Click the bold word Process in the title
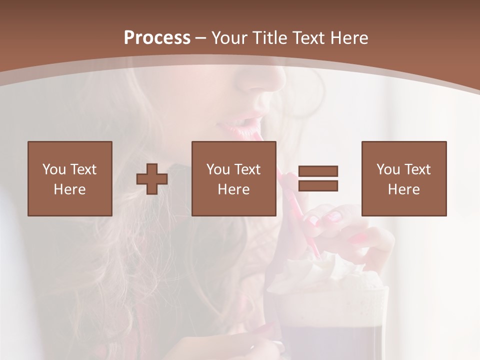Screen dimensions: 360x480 157,38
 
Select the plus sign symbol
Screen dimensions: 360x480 152,179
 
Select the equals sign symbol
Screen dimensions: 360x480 318,178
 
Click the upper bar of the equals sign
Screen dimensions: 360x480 318,171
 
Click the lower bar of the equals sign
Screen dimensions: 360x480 318,185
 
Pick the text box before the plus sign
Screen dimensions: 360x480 70,178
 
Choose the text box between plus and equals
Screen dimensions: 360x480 234,178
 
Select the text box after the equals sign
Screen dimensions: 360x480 404,178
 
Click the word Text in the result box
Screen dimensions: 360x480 417,169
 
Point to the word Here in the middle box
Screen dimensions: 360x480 234,189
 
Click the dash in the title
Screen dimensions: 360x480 201,38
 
